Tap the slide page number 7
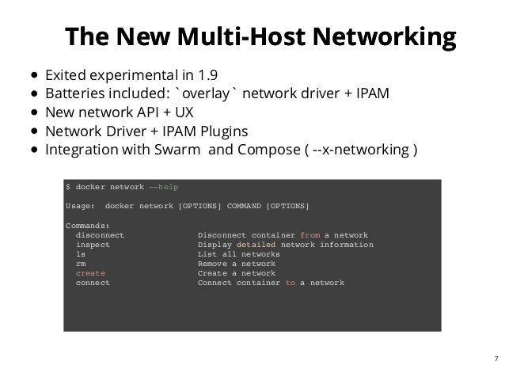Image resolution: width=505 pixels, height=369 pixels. point(494,356)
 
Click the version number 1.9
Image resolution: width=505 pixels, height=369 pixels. point(205,77)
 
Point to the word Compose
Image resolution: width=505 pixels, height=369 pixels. point(263,150)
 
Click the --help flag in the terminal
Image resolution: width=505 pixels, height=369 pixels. point(163,186)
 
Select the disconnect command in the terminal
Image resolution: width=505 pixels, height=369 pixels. point(101,236)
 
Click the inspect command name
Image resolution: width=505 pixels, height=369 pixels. point(93,245)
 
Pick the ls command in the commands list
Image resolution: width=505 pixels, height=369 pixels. point(81,255)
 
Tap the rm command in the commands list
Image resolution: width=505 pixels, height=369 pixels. point(81,264)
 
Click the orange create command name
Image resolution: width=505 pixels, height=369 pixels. point(90,273)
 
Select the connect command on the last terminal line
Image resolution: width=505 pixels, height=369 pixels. point(93,283)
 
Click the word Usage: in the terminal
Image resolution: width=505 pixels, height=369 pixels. point(80,206)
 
